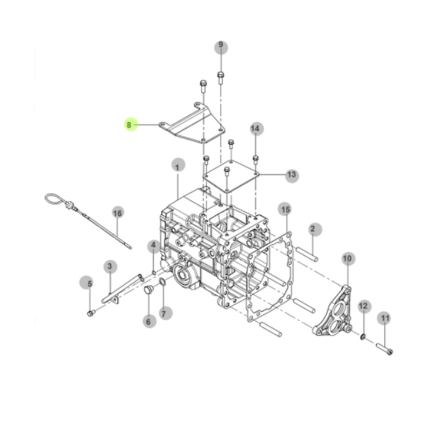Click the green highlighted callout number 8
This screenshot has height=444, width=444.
tap(131, 124)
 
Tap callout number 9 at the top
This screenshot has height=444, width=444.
tap(221, 47)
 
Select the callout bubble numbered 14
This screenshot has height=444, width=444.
tap(257, 129)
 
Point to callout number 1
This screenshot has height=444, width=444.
tap(178, 165)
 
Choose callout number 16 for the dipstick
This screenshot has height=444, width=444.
tap(118, 213)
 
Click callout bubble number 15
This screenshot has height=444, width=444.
tap(285, 209)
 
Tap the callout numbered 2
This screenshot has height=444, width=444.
tap(315, 229)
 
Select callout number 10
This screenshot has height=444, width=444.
tap(348, 258)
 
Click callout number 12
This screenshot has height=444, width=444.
tap(364, 306)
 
